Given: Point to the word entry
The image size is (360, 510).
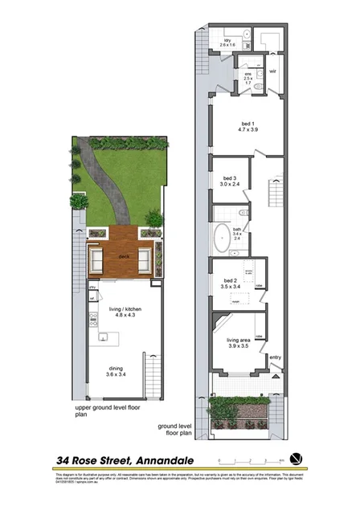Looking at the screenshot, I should tap(276, 357).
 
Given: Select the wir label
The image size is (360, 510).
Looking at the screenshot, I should tap(273, 71).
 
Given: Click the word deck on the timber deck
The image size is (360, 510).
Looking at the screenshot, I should tap(124, 255).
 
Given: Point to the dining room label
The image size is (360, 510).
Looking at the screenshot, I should tap(117, 371).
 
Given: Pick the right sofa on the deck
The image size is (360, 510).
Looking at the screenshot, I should tap(145, 259).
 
